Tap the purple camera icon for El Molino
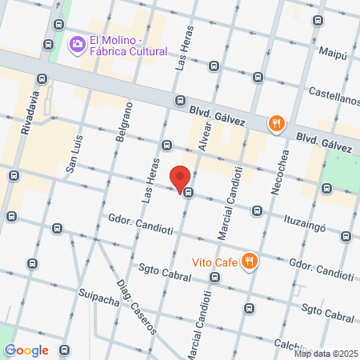(x=78, y=42)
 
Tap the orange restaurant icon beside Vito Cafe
(x=250, y=261)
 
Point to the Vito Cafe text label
(x=215, y=261)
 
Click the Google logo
(x=27, y=350)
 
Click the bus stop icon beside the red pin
(x=188, y=192)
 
